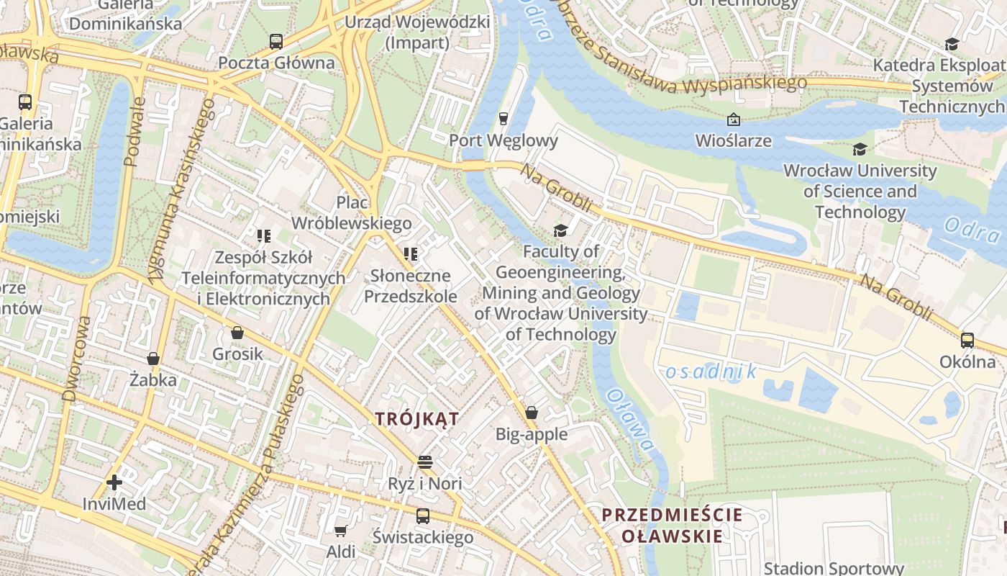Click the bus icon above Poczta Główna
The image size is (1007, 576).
pos(276,41)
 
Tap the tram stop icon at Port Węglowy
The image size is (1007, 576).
pos(503,119)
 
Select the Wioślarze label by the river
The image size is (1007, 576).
pos(733,140)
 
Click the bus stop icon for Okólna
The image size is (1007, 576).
pos(967,340)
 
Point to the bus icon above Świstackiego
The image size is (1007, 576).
pos(423,516)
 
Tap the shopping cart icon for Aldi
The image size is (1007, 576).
pos(340,531)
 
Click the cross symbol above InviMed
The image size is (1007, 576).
pos(114,482)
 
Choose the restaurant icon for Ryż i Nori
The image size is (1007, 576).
pos(425,462)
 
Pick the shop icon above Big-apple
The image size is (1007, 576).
pos(532,413)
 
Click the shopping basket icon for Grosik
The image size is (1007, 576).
pos(237,333)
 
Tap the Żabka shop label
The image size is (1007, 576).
pos(152,379)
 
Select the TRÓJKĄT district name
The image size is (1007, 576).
pos(417,419)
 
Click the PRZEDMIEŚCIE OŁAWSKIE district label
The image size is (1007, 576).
pos(672,526)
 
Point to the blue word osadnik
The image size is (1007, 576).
pos(711,372)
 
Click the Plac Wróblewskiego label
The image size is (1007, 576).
pos(351,213)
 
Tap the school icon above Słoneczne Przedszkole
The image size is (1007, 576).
pos(411,253)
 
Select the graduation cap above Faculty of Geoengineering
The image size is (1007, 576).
pos(560,230)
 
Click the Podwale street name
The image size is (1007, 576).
pos(135,132)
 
